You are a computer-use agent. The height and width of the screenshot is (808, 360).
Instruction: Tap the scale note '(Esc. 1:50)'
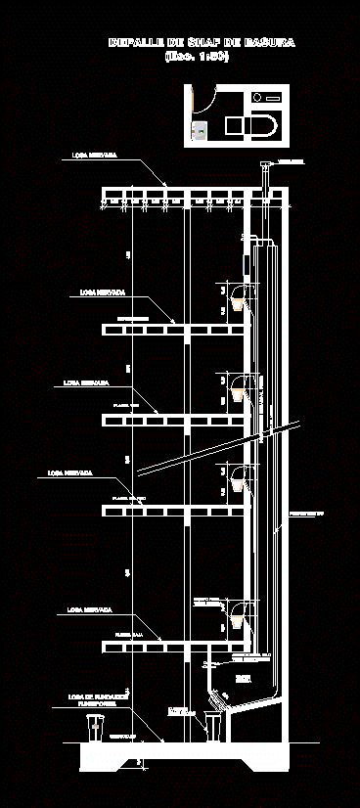(197, 57)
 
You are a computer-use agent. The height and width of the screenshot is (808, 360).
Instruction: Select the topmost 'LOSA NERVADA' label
(94, 156)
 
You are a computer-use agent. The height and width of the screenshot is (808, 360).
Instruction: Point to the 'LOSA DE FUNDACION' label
(93, 698)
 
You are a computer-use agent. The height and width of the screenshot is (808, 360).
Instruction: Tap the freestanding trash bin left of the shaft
(95, 728)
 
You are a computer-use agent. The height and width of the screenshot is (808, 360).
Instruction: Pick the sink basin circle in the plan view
(258, 97)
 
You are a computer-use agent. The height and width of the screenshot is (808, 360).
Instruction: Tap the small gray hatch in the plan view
(200, 130)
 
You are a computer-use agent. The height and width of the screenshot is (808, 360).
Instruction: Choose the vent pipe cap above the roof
(263, 165)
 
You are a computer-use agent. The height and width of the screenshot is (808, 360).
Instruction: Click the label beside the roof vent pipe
(291, 161)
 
